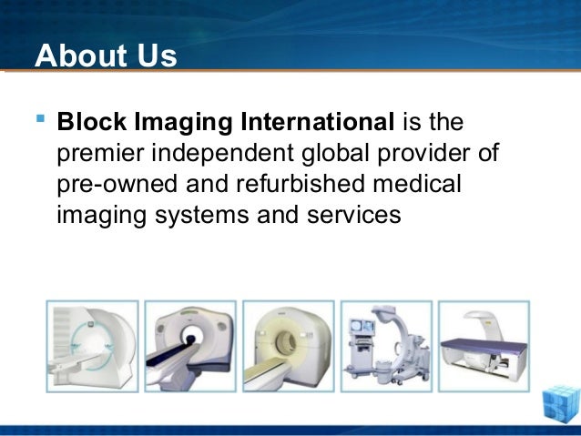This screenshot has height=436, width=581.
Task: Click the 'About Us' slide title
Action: click(x=106, y=56)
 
